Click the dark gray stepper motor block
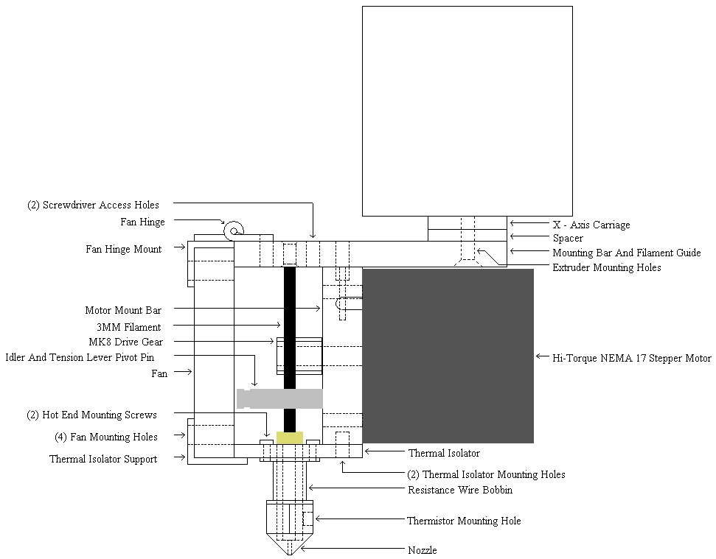tap(448, 356)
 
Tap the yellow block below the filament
tap(290, 437)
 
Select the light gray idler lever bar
tap(280, 398)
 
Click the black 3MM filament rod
tap(290, 350)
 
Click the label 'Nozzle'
tap(423, 550)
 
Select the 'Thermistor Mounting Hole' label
tap(464, 521)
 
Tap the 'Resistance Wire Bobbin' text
tap(460, 490)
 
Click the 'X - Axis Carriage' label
tap(591, 225)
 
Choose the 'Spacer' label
tap(568, 238)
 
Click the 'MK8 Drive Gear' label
tap(125, 342)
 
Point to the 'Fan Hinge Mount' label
tap(124, 249)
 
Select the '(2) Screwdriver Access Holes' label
tap(93, 205)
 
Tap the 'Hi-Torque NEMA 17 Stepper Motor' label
tap(632, 358)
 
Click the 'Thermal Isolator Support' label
tap(103, 459)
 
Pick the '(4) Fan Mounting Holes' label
tap(106, 437)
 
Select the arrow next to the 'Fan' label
tap(183, 372)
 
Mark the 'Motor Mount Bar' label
tap(123, 310)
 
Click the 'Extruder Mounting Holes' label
tap(607, 267)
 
